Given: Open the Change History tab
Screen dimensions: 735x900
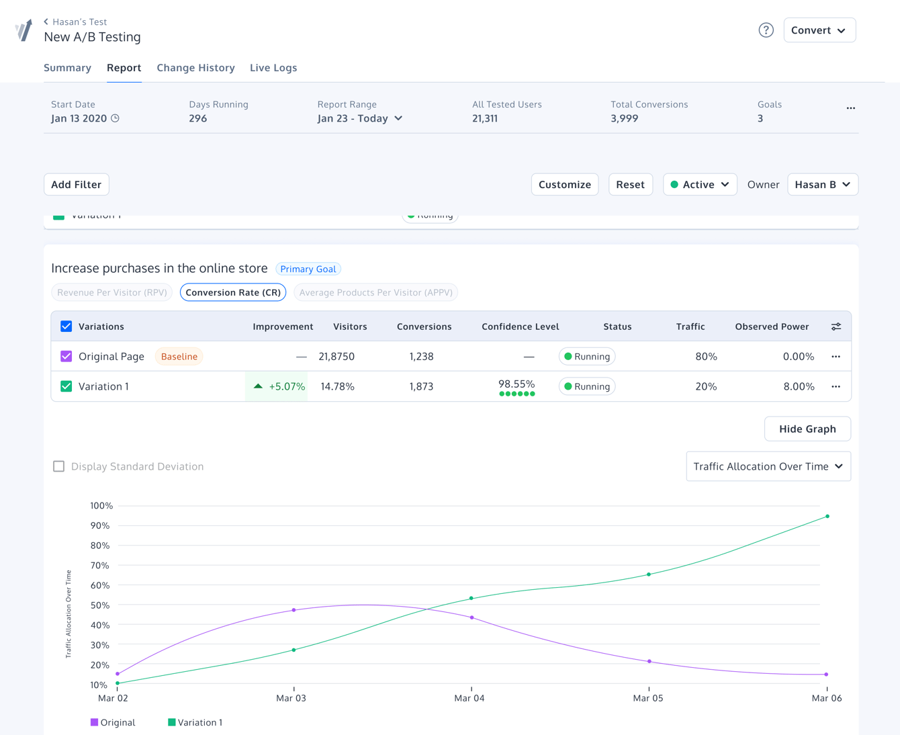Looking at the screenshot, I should click(195, 68).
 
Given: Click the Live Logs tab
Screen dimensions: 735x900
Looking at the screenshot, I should click(273, 68).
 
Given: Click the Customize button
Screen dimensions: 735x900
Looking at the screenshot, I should click(564, 185).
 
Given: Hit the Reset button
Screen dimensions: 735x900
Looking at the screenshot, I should click(630, 185).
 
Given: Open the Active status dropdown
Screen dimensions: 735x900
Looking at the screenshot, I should click(700, 185).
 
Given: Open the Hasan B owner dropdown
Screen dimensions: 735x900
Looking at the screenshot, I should click(822, 185).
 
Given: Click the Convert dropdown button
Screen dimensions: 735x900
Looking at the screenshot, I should click(819, 30).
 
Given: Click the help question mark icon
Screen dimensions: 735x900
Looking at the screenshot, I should click(766, 30).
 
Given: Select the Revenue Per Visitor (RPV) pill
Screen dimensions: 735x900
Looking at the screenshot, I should click(112, 293).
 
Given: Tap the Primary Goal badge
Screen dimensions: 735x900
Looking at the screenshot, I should click(308, 269).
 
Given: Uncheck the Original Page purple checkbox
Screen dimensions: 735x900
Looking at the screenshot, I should click(66, 357).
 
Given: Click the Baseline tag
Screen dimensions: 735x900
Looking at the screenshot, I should click(179, 357).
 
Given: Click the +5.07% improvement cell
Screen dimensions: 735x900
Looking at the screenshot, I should click(277, 387).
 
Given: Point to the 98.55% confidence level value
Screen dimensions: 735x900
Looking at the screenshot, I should click(516, 384).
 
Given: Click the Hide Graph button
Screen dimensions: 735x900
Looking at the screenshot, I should click(807, 429).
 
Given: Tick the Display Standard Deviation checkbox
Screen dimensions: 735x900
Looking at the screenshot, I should click(59, 466).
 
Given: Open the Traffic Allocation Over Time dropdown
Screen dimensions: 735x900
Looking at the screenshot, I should click(768, 466).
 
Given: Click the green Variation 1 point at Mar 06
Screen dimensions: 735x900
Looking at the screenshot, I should click(827, 517).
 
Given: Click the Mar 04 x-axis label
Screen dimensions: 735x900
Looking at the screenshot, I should click(469, 699).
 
